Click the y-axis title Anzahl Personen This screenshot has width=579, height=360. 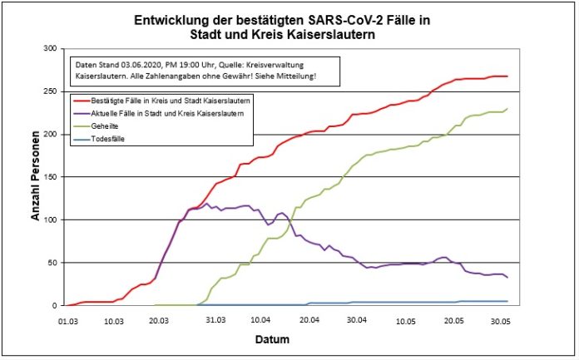[35, 177]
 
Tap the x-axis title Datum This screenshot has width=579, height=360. [288, 341]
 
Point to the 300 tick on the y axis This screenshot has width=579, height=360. [50, 49]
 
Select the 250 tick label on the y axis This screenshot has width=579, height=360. [50, 91]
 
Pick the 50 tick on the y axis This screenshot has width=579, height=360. [52, 263]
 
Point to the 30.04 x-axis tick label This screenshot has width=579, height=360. [358, 319]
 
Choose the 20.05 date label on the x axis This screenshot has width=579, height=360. [454, 319]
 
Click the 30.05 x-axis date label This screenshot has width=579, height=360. [502, 319]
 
